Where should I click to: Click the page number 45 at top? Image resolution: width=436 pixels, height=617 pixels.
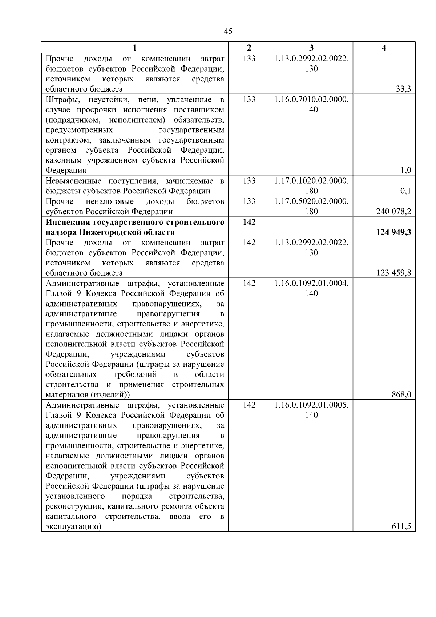(x=228, y=31)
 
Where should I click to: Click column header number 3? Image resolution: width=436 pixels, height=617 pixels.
(x=311, y=48)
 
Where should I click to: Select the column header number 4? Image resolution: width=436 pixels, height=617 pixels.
(x=384, y=48)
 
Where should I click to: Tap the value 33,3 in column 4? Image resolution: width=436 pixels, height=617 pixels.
(x=403, y=89)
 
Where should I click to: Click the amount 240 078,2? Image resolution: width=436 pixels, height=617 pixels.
(x=394, y=212)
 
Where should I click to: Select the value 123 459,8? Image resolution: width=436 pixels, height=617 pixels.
(x=394, y=273)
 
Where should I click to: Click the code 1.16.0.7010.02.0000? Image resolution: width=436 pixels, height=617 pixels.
(x=311, y=99)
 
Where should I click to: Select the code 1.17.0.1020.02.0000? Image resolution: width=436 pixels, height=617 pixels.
(x=311, y=181)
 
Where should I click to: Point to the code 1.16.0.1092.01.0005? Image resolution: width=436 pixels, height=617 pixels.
(x=311, y=405)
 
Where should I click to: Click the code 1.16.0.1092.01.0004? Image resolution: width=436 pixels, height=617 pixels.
(x=311, y=283)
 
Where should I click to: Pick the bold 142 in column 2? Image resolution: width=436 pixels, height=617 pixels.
(x=249, y=222)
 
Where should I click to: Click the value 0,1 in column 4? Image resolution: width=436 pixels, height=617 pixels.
(x=405, y=191)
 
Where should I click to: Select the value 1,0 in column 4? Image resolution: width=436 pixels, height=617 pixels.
(x=405, y=171)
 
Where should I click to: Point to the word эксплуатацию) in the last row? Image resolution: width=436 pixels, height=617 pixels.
(x=73, y=527)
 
